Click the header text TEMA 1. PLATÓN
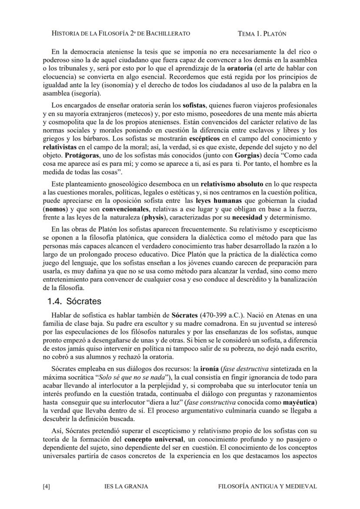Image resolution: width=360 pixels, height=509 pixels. click(262, 33)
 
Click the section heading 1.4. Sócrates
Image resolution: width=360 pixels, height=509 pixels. click(74, 301)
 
